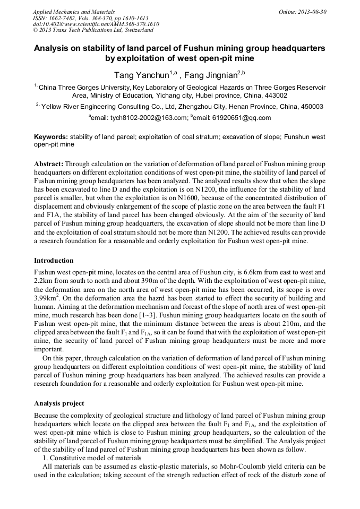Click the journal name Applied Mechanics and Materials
coord(74,11)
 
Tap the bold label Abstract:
coord(48,165)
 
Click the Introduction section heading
coord(54,261)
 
